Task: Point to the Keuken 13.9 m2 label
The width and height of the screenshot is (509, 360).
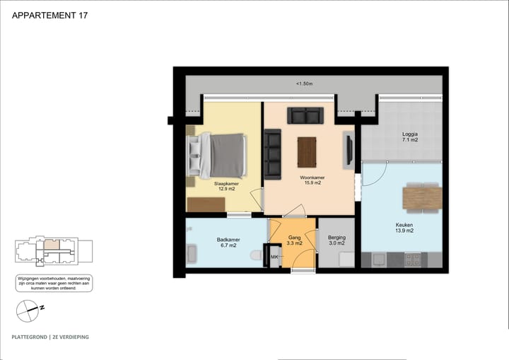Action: tap(404, 228)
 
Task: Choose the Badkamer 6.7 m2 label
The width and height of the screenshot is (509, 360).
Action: tap(228, 242)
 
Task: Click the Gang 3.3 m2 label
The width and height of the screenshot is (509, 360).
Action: tap(294, 240)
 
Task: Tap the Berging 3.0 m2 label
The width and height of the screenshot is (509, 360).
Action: tap(337, 240)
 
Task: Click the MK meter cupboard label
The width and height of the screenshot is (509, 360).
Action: tap(274, 257)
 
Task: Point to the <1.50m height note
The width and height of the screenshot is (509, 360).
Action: tap(304, 83)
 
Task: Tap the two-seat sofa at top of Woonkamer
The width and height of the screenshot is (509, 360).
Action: tap(305, 115)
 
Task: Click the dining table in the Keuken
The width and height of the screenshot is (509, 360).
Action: tap(422, 197)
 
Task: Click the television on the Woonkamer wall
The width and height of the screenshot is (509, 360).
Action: tap(349, 150)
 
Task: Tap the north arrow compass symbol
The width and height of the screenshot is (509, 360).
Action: tap(30, 308)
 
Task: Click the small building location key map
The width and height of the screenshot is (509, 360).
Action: tap(54, 250)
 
